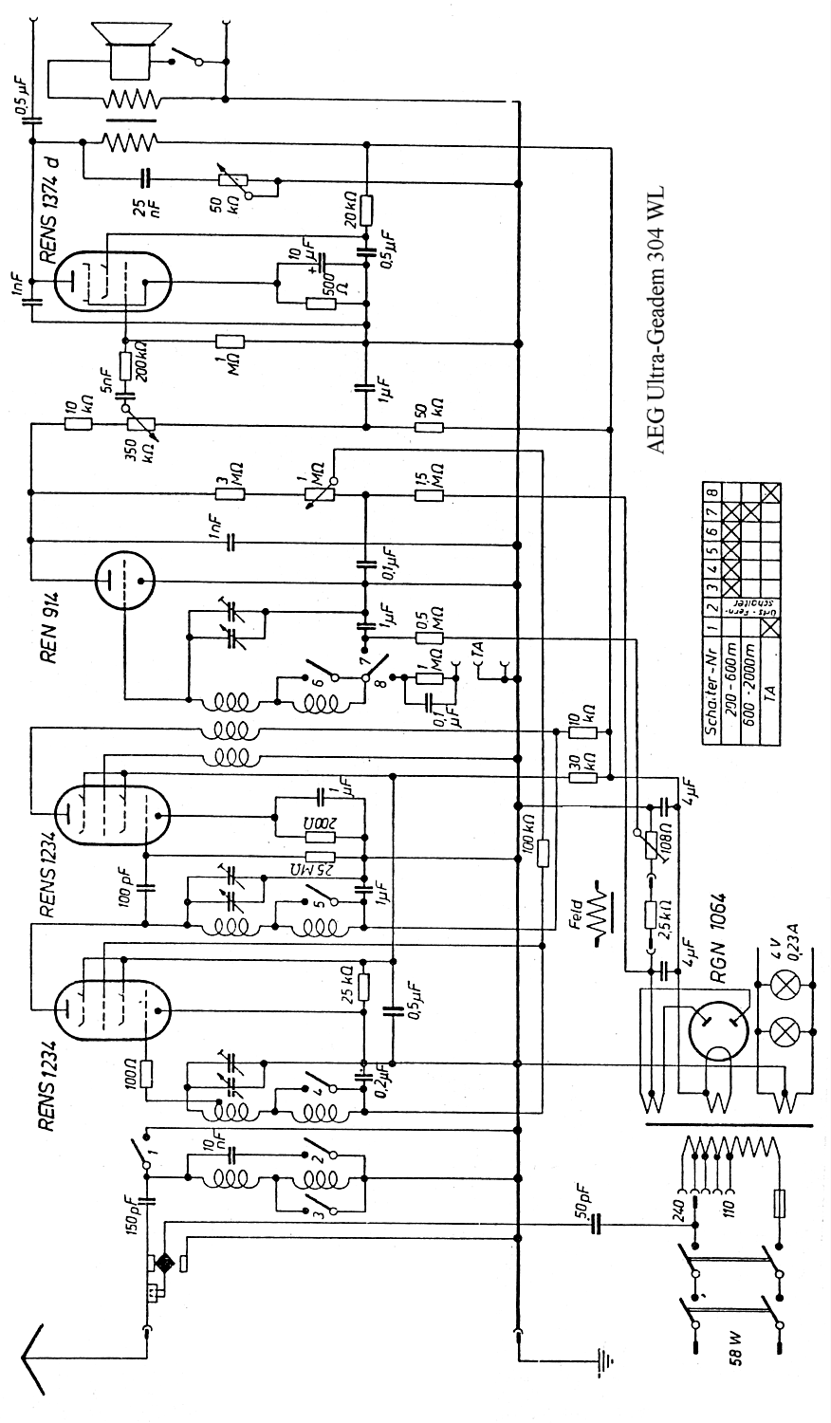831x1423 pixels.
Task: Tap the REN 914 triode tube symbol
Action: click(x=124, y=578)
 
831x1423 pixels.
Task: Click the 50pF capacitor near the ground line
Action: click(x=597, y=1225)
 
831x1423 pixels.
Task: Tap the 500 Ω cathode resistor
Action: click(x=322, y=304)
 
